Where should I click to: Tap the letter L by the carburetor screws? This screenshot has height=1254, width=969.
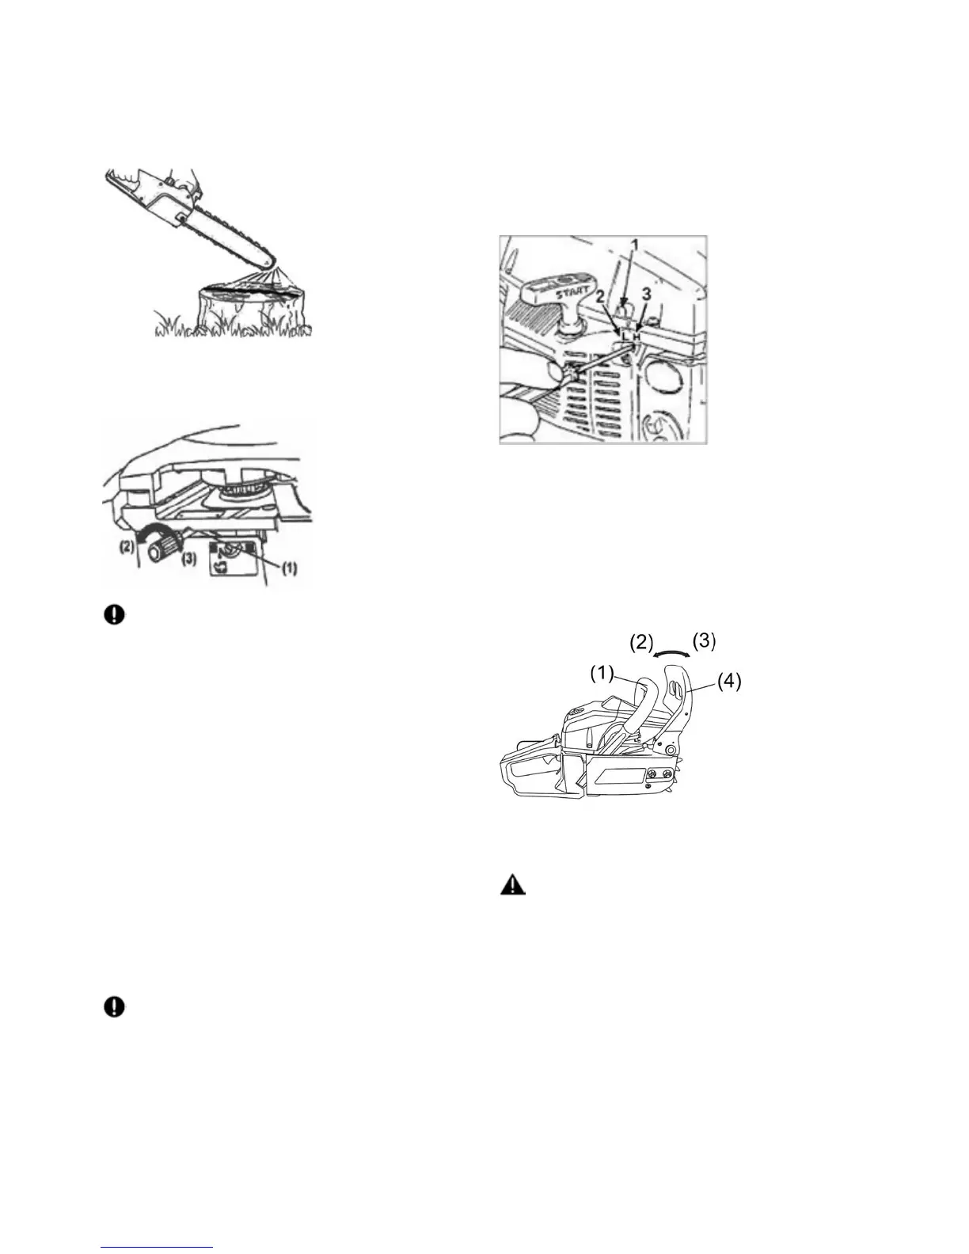625,337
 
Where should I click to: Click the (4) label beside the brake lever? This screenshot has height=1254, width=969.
729,681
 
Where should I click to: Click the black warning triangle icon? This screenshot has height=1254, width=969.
512,885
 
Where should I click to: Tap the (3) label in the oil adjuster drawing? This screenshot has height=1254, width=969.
189,557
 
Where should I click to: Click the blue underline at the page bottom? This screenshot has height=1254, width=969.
158,1247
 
